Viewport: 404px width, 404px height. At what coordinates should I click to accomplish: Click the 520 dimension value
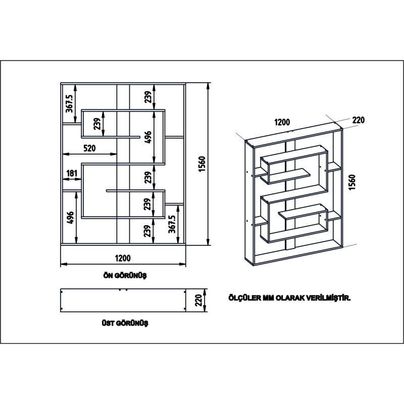tap(90, 148)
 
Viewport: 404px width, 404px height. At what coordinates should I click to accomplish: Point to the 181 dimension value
tap(72, 174)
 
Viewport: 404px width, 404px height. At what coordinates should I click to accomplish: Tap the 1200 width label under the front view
tap(123, 258)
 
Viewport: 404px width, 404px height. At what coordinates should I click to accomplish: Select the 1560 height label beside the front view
tap(200, 165)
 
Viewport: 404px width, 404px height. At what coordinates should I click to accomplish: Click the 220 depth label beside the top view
tap(199, 301)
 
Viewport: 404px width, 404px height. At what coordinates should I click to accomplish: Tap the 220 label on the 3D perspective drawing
tap(358, 120)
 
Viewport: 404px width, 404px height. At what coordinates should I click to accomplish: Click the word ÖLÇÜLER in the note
tap(244, 298)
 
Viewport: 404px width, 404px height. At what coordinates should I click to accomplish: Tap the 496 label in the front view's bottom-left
tap(70, 217)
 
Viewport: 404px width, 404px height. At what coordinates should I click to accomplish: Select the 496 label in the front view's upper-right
tap(148, 137)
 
